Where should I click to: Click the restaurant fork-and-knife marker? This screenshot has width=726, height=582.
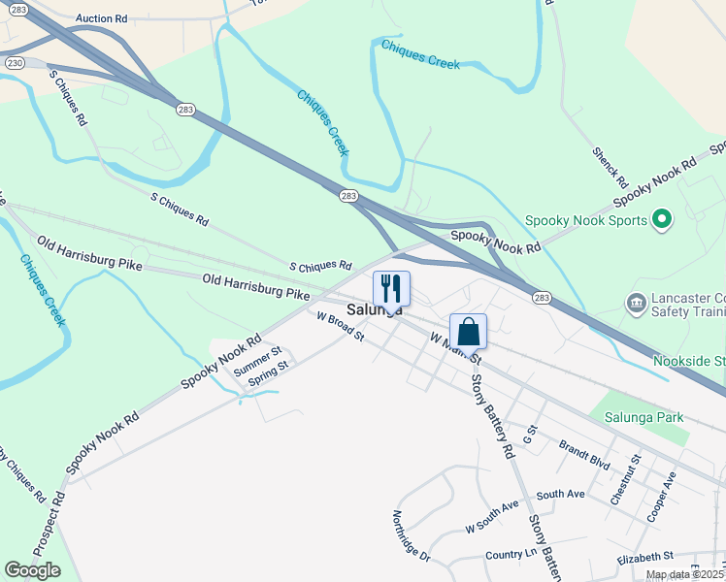coord(391,288)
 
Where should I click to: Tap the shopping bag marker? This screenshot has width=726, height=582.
coord(468,331)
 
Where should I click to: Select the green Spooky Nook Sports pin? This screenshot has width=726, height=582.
coord(663,220)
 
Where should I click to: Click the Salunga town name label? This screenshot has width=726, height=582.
coord(374,309)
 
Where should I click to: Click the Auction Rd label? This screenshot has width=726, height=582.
coord(101,18)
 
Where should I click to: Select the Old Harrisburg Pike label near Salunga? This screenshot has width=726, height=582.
coord(255,286)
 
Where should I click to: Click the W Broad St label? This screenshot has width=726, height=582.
coord(340,327)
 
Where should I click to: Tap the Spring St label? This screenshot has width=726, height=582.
coord(269,374)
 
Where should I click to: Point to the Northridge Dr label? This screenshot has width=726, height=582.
coord(412,536)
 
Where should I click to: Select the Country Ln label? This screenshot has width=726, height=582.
coord(511,555)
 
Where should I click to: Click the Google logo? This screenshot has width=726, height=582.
coord(32,570)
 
